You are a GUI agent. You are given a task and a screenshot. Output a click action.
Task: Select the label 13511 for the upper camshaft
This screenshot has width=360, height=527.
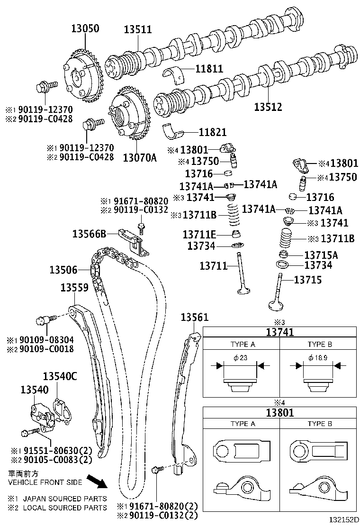click(x=138, y=29)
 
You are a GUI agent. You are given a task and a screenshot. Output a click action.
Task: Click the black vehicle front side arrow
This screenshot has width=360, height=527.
click(x=100, y=482)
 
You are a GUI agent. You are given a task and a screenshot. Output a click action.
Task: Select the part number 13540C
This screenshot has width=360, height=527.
click(x=60, y=377)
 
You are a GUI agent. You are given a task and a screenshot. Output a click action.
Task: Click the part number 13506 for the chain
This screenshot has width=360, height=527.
click(x=63, y=270)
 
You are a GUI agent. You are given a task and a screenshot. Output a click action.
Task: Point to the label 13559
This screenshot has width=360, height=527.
click(x=74, y=288)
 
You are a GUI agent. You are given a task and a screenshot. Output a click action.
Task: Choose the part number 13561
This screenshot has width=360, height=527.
click(x=194, y=317)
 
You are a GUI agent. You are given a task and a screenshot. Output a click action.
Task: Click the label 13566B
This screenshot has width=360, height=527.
click(x=89, y=233)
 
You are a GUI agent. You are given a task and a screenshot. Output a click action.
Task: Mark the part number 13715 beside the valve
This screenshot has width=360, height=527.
click(x=308, y=280)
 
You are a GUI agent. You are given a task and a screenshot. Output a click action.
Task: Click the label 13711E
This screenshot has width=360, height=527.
click(x=199, y=234)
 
